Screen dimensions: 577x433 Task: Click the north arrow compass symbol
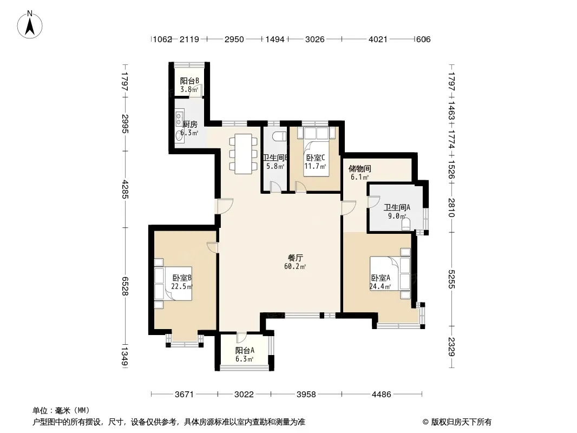(30, 24)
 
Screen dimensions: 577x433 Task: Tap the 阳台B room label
(189, 81)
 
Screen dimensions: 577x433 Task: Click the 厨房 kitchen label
(190, 124)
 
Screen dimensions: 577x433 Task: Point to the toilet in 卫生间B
(280, 135)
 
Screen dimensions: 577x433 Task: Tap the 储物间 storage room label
(359, 169)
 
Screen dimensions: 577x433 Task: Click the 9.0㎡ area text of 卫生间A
(397, 216)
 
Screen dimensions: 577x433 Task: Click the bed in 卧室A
(390, 273)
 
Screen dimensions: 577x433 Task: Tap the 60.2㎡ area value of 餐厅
(295, 266)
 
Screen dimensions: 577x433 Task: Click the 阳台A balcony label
(245, 350)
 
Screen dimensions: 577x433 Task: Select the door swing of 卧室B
(213, 247)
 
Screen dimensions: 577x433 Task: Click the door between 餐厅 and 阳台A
(241, 338)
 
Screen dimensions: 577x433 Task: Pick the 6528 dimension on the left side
(125, 286)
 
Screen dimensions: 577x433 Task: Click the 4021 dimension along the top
(378, 39)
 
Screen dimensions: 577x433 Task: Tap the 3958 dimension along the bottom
(306, 395)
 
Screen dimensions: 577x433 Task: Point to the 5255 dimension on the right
(452, 279)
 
